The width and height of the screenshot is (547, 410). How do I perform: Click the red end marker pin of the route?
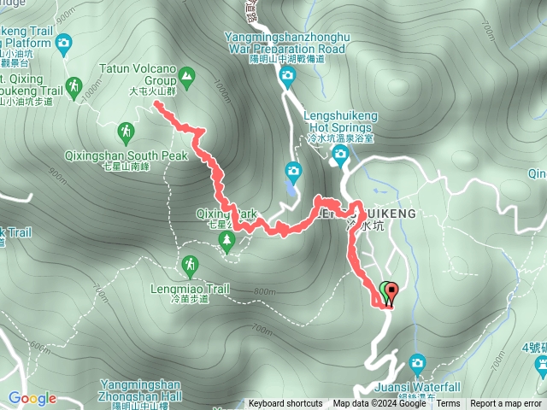point(391,291)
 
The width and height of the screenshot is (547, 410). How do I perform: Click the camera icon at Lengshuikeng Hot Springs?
point(340,155)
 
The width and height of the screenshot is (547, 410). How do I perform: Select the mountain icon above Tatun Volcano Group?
point(187,78)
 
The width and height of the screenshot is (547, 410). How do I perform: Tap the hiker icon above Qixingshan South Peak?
point(126,132)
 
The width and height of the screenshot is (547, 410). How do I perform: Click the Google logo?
point(32,398)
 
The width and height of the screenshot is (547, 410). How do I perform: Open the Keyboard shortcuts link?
point(285,404)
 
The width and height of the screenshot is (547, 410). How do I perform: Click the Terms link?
point(448,404)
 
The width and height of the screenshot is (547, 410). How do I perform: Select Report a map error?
point(506,404)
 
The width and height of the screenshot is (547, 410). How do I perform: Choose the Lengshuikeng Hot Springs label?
point(341,128)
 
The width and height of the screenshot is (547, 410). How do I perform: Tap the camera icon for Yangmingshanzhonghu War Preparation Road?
point(286,78)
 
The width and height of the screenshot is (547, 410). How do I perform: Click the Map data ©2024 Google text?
point(379,404)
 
